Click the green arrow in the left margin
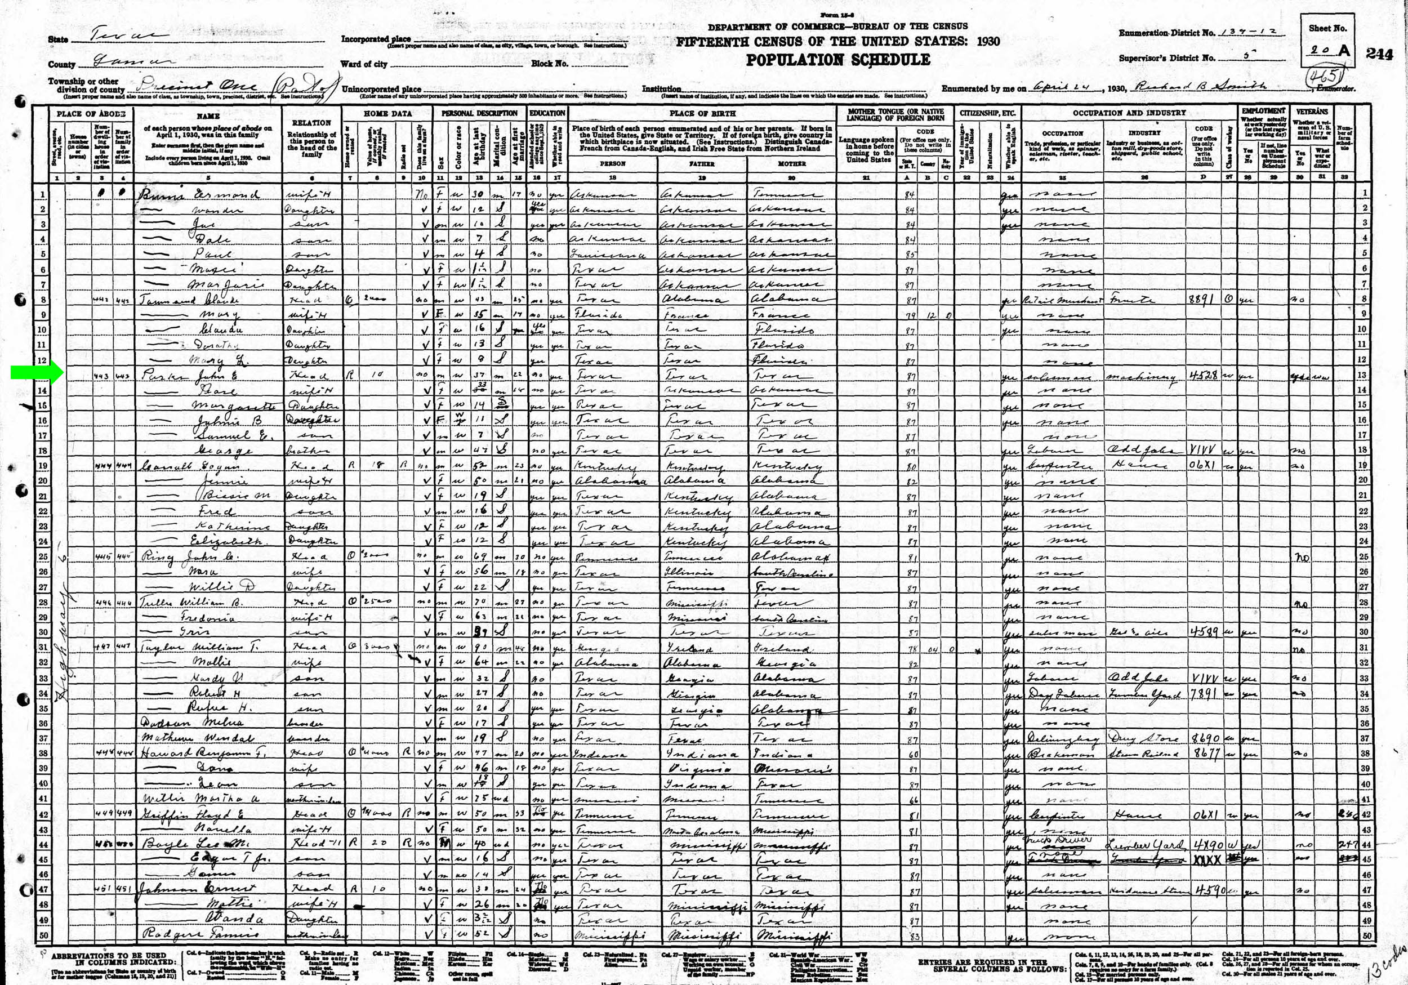pos(34,372)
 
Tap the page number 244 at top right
pos(1379,54)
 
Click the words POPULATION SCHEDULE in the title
pos(837,60)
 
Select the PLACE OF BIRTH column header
pos(702,113)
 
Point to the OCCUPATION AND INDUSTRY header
pos(1129,113)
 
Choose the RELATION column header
pos(311,123)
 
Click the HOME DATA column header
pos(387,113)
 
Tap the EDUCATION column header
pos(547,113)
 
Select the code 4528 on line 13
pos(1203,375)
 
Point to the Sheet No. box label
pos(1327,28)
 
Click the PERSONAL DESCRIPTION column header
pos(479,113)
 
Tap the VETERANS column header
pos(1312,112)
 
